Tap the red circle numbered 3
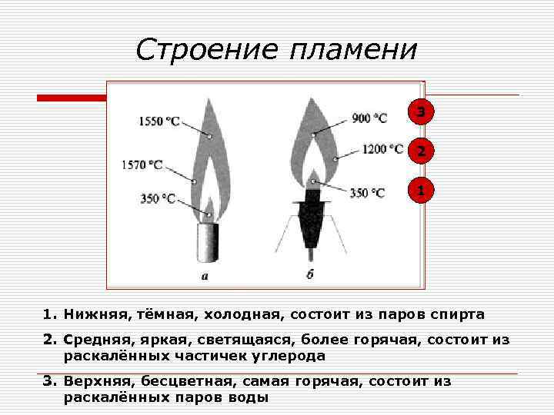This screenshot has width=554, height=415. tap(419, 112)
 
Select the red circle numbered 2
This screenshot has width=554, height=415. tap(420, 151)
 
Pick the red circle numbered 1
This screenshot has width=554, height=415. tap(420, 189)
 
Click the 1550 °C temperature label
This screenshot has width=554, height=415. tap(159, 121)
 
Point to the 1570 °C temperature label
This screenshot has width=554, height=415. tap(142, 164)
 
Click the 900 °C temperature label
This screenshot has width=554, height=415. tap(369, 118)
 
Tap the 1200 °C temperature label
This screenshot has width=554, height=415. tap(382, 149)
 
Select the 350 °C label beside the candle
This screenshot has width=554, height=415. tap(159, 198)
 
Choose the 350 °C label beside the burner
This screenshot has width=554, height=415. tap(367, 193)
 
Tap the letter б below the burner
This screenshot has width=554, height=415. tap(309, 274)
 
